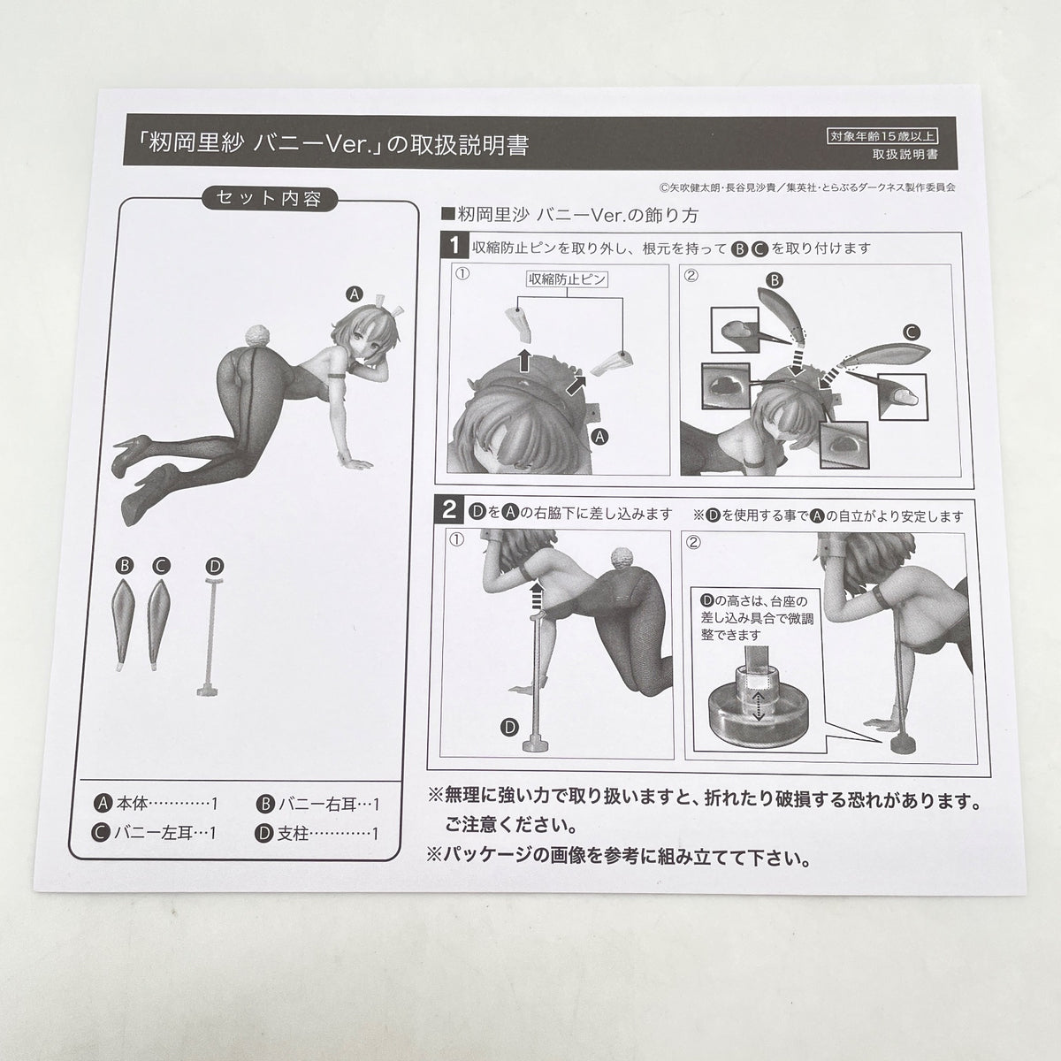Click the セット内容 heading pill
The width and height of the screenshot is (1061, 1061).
(x=269, y=198)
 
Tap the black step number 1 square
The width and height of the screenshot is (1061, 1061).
(x=454, y=246)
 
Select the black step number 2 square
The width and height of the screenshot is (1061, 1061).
(x=449, y=510)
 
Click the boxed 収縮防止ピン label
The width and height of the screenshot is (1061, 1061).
(x=567, y=279)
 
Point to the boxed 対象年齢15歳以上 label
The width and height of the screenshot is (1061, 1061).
(x=882, y=136)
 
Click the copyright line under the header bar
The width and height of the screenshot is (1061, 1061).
(x=806, y=187)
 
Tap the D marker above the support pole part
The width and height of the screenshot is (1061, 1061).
(x=215, y=566)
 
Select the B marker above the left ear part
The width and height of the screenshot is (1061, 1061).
(x=125, y=566)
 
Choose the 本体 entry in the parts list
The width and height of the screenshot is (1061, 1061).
(x=156, y=804)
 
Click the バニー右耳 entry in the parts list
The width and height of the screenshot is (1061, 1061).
(x=317, y=805)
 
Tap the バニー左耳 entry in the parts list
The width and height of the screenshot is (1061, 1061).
(x=154, y=833)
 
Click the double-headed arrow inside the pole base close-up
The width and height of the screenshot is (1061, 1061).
(x=759, y=707)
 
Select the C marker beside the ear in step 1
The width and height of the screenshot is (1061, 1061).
(x=912, y=332)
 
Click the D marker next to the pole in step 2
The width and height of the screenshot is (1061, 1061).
(x=509, y=728)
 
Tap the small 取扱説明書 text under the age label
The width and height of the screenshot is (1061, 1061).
(x=905, y=155)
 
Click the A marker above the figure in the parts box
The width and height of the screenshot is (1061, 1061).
(x=354, y=294)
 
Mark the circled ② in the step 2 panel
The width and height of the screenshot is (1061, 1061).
(x=694, y=543)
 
